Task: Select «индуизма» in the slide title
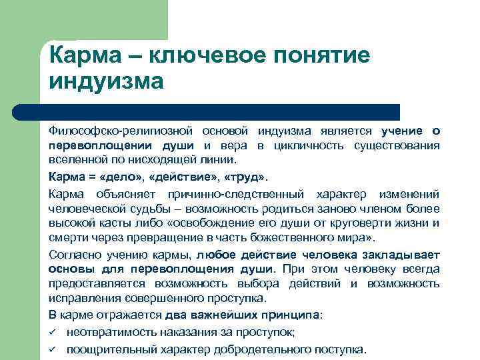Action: pyautogui.click(x=106, y=82)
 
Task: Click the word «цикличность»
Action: pyautogui.click(x=323, y=146)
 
